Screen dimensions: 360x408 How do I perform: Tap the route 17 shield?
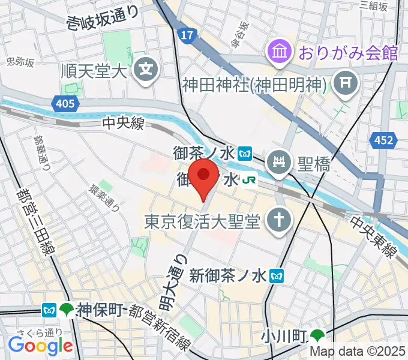pos(188,37)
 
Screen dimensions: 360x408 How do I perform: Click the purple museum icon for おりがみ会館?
pos(280,50)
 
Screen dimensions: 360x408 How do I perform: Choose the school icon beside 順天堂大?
pos(146,70)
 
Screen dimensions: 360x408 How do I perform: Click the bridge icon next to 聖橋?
pos(280,162)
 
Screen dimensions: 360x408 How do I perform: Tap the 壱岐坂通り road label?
pos(103,19)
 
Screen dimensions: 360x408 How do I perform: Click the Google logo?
pos(40,346)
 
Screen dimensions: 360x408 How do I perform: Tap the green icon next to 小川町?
pos(317,335)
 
